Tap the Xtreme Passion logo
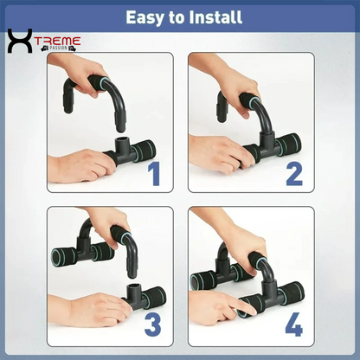[x=42, y=42]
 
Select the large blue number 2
[x=294, y=174]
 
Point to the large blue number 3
[x=153, y=324]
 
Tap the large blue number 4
[x=294, y=324]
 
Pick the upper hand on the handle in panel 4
[x=242, y=242]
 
